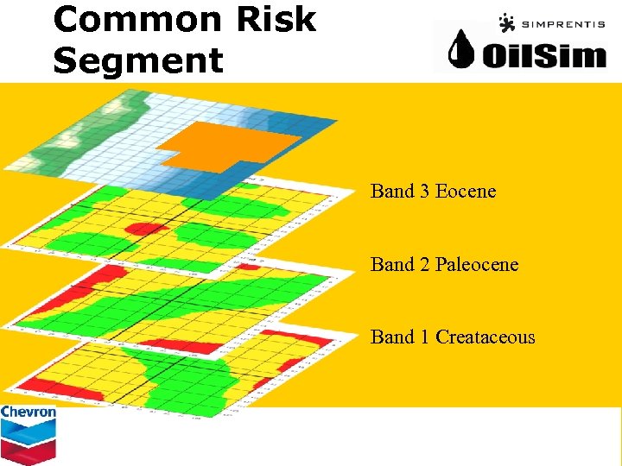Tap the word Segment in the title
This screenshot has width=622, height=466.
coord(138,60)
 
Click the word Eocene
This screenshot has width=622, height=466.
coord(466,192)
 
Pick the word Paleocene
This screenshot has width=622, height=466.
coord(477,264)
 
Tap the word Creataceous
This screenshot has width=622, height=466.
coord(486,337)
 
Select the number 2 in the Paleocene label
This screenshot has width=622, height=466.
coord(424,264)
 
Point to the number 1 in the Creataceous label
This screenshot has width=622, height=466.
coord(424,337)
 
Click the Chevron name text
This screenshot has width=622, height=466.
coord(29,412)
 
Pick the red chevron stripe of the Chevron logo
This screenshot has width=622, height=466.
coord(29,449)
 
